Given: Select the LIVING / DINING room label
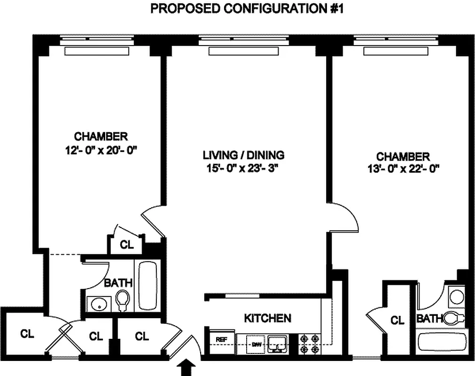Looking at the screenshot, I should (x=243, y=155).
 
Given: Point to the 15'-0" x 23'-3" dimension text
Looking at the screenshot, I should (x=243, y=168).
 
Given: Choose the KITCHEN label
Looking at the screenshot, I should (x=267, y=318).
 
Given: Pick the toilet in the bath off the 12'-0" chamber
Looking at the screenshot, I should (x=123, y=300).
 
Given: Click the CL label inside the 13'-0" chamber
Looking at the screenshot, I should (x=397, y=321).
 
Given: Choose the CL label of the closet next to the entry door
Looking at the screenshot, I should (x=142, y=337).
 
